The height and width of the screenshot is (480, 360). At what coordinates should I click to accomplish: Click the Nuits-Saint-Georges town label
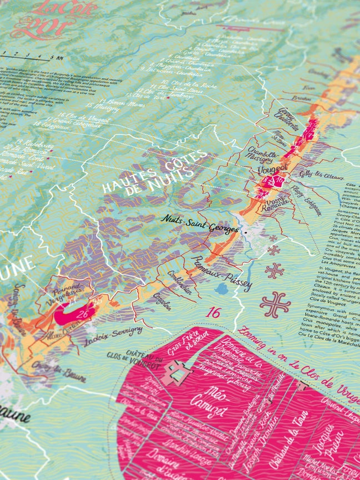(199, 223)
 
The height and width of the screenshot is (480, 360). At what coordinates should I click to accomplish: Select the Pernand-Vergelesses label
(68, 295)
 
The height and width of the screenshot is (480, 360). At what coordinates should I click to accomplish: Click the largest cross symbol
(275, 304)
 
